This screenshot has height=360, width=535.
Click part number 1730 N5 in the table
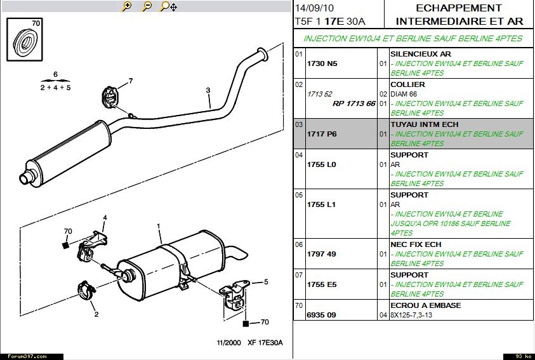tap(322, 64)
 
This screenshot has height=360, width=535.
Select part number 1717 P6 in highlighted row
tap(322, 135)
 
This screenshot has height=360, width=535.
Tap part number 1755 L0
tap(322, 164)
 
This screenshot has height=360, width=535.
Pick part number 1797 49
tap(322, 254)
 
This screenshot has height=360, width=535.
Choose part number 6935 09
tap(322, 315)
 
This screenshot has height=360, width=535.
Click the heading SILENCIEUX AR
tap(421, 55)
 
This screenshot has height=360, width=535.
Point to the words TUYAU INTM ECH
tap(425, 124)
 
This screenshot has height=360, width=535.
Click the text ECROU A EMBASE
tap(426, 305)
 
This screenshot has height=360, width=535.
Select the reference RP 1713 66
tap(354, 103)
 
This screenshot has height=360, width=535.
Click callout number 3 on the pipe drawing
tap(208, 91)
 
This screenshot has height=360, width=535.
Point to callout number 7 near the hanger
tap(131, 81)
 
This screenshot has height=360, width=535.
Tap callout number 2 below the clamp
tap(96, 314)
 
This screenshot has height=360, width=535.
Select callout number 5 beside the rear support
tap(266, 281)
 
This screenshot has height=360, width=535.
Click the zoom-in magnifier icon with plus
tap(127, 6)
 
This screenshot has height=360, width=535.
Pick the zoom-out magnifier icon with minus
tap(147, 6)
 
